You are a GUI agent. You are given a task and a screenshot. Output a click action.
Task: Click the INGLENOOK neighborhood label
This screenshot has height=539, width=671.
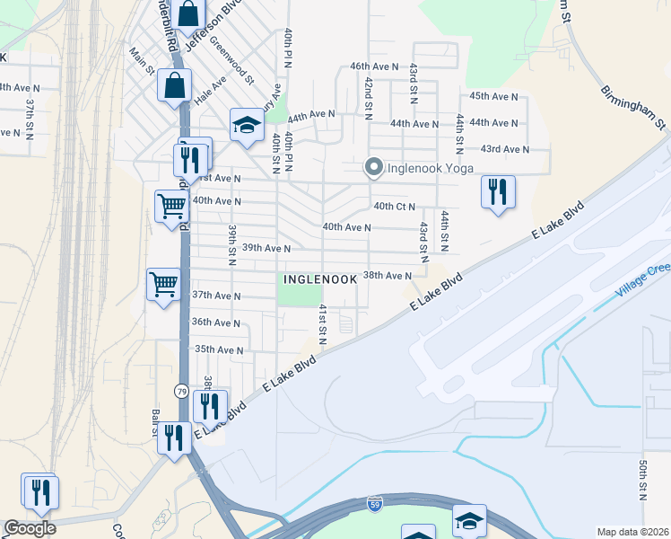pos(320,279)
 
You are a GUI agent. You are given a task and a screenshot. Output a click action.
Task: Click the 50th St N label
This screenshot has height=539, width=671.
pos(643,482)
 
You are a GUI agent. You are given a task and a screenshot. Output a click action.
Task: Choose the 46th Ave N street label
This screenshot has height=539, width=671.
pos(374,66)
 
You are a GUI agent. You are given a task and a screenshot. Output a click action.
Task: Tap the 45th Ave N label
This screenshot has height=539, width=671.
pos(493,96)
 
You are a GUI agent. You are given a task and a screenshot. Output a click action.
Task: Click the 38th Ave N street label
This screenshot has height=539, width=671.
pos(387,276)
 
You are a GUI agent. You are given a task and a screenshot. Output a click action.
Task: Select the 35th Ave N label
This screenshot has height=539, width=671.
pos(219,349)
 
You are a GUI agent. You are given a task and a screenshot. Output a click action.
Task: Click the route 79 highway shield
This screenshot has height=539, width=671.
pos(181,392)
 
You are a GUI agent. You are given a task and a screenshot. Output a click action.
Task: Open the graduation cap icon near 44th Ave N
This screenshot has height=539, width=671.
pos(246,125)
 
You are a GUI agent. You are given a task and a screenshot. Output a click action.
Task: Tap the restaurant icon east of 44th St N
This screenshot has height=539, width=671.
pos(497,191)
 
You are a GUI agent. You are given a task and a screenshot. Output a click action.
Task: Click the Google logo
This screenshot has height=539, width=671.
pos(30,528)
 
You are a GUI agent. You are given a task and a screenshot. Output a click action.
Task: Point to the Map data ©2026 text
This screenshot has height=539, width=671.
pos(632,532)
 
